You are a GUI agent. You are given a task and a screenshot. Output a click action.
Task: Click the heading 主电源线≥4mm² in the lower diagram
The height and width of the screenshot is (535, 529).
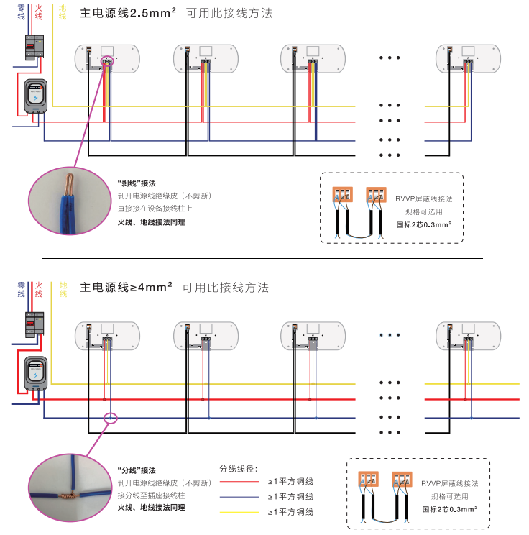point(126,288)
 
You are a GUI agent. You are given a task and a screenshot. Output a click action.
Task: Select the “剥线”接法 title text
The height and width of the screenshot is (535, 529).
point(137,183)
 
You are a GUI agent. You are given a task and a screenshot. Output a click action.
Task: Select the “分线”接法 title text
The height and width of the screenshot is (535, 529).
point(137,470)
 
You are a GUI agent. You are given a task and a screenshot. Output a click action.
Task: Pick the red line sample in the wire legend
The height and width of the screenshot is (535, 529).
point(239,482)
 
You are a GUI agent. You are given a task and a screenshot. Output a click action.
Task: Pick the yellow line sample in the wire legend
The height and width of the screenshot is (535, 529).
point(239,512)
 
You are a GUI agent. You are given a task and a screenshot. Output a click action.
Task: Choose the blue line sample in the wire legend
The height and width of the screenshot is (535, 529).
point(239,497)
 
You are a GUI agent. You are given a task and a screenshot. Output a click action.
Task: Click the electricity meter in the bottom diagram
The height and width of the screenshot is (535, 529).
point(36,372)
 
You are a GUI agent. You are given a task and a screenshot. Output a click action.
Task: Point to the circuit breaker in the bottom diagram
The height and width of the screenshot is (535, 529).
point(35,327)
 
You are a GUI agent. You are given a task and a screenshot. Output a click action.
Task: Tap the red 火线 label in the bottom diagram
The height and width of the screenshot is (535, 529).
point(39,290)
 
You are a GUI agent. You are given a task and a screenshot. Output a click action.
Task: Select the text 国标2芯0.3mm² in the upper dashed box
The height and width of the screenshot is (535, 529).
point(424,224)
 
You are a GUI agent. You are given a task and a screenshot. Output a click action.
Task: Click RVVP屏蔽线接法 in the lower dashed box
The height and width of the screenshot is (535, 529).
point(449,484)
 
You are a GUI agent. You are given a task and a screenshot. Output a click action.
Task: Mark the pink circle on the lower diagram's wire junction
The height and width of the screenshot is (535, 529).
point(110,418)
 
